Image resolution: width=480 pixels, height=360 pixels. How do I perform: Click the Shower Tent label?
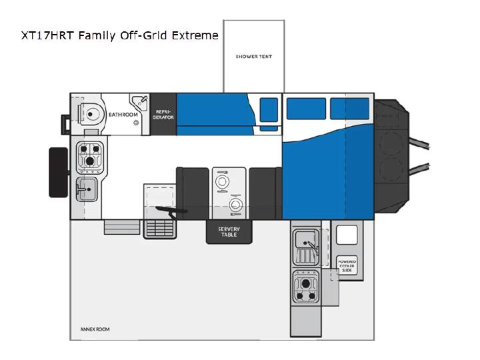[x=254, y=56]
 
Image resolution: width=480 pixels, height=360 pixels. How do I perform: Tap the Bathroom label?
[x=123, y=115]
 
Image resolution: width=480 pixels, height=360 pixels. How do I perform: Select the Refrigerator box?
[x=163, y=114]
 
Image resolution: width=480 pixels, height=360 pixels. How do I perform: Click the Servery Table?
[x=229, y=232]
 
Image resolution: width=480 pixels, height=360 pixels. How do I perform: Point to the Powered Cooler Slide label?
[x=347, y=266]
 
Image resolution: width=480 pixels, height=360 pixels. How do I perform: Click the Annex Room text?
[x=95, y=329]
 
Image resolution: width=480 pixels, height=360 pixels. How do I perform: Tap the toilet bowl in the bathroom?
[x=89, y=114]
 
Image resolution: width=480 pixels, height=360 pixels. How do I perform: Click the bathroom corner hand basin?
[x=140, y=101]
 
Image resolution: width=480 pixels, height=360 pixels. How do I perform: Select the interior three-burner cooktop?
[x=90, y=157]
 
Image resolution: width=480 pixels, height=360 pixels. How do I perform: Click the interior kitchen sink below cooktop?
[x=87, y=189]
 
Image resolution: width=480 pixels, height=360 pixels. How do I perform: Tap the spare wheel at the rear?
[x=59, y=173]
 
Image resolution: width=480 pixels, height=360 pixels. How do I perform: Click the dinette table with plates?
[x=229, y=193]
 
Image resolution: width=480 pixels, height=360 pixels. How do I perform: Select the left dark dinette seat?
[x=193, y=193]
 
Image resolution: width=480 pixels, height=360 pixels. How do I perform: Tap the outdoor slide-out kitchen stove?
[x=306, y=287]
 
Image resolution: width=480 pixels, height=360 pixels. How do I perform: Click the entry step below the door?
[x=122, y=227]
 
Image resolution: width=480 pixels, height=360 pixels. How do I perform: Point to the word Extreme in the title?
[x=195, y=35]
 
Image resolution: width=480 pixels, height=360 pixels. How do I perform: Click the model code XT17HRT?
[x=47, y=35]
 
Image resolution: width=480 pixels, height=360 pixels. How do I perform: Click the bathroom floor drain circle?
[x=136, y=123]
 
